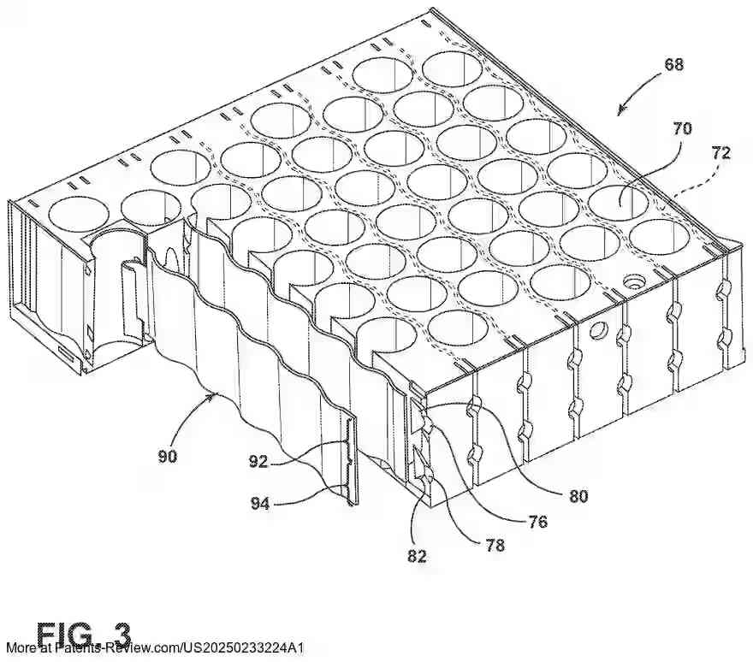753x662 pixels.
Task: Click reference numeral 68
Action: [x=673, y=64]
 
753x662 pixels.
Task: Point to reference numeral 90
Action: [x=167, y=456]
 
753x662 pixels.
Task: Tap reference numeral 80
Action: [x=577, y=494]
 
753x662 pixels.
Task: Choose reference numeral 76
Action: [x=537, y=522]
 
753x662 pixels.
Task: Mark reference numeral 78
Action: [x=494, y=544]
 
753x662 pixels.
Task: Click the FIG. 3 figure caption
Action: [x=84, y=634]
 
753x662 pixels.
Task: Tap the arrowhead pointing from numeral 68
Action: [x=620, y=112]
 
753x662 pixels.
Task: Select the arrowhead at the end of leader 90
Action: [x=213, y=394]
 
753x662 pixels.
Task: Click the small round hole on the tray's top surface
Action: [x=635, y=280]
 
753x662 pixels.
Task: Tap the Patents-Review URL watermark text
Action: [x=155, y=650]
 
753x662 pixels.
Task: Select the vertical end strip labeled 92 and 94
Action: [x=351, y=462]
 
